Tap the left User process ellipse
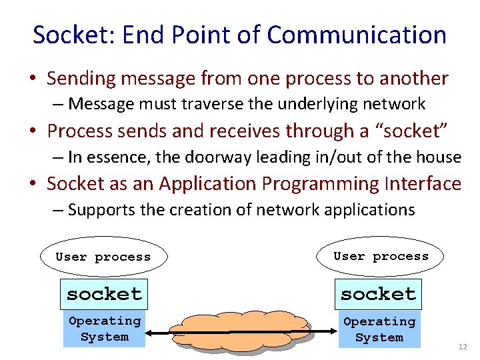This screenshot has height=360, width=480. coord(103,257)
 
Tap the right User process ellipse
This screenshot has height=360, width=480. coord(381,256)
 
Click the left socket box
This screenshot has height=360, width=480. coord(104,293)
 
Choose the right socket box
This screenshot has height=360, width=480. coord(379,293)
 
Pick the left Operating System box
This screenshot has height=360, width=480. coord(105,329)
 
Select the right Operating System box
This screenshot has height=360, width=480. coord(379,329)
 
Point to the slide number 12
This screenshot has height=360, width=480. coord(463,348)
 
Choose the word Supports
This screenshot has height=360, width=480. coord(100,210)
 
